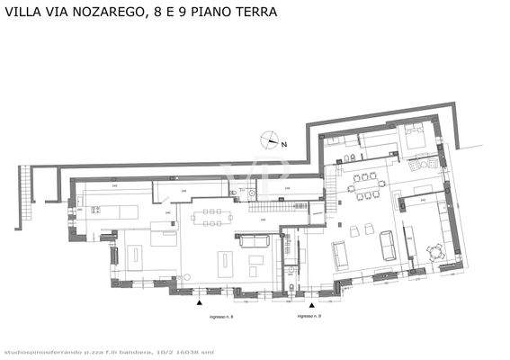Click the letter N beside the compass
click(x=282, y=143)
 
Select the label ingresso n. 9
click(x=310, y=318)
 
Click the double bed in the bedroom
click(x=415, y=137)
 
